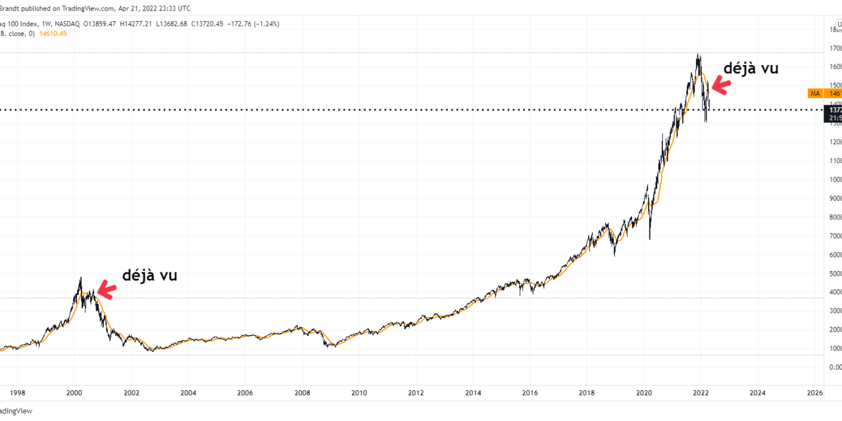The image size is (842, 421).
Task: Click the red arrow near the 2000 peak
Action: pyautogui.click(x=106, y=289)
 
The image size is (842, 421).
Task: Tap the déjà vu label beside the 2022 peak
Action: pyautogui.click(x=751, y=68)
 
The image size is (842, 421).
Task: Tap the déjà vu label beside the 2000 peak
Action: pyautogui.click(x=149, y=276)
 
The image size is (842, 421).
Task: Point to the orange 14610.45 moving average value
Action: pyautogui.click(x=53, y=34)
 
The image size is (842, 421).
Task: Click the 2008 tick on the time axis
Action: pyautogui.click(x=302, y=393)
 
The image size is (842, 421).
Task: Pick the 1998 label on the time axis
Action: pyautogui.click(x=17, y=393)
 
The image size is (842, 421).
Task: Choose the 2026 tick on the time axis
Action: pyautogui.click(x=814, y=393)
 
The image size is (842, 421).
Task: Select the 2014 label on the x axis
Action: pyautogui.click(x=473, y=393)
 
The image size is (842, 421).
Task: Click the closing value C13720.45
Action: pyautogui.click(x=205, y=24)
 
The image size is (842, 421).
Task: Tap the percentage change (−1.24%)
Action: pyautogui.click(x=264, y=24)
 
